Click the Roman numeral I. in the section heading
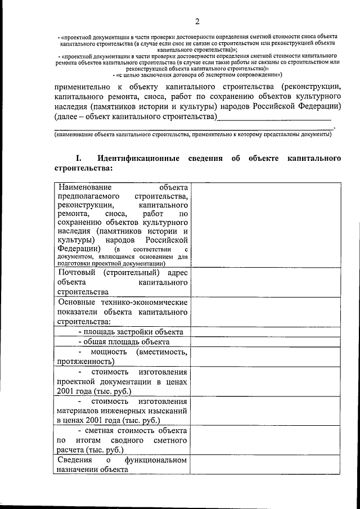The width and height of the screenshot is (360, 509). (x=79, y=158)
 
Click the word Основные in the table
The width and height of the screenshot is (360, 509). (x=77, y=302)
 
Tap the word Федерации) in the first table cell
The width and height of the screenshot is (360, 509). (x=79, y=248)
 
